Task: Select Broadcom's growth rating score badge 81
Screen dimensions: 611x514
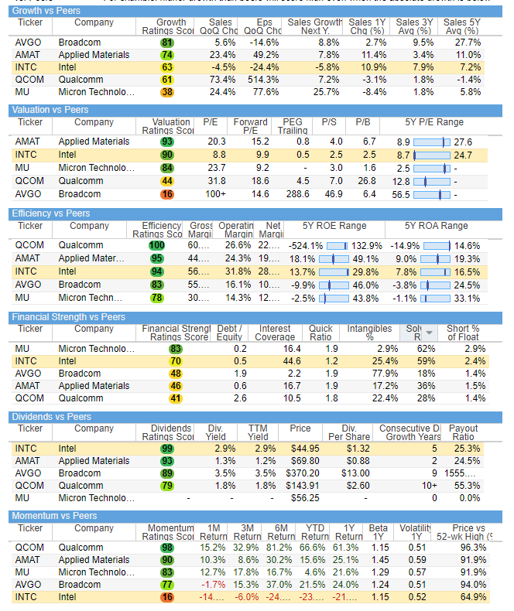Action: pos(167,42)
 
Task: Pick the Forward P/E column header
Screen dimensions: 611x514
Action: pos(251,126)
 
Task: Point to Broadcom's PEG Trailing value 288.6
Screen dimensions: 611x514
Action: pos(293,194)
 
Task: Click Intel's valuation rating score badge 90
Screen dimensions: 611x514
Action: pos(167,155)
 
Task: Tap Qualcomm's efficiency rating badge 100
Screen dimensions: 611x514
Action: pos(156,245)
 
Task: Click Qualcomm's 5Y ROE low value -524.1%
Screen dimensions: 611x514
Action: pos(305,245)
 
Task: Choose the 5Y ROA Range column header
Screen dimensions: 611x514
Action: pos(436,226)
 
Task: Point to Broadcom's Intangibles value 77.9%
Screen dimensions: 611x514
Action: pos(368,373)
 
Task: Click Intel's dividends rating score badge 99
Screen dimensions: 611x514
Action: pos(167,449)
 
